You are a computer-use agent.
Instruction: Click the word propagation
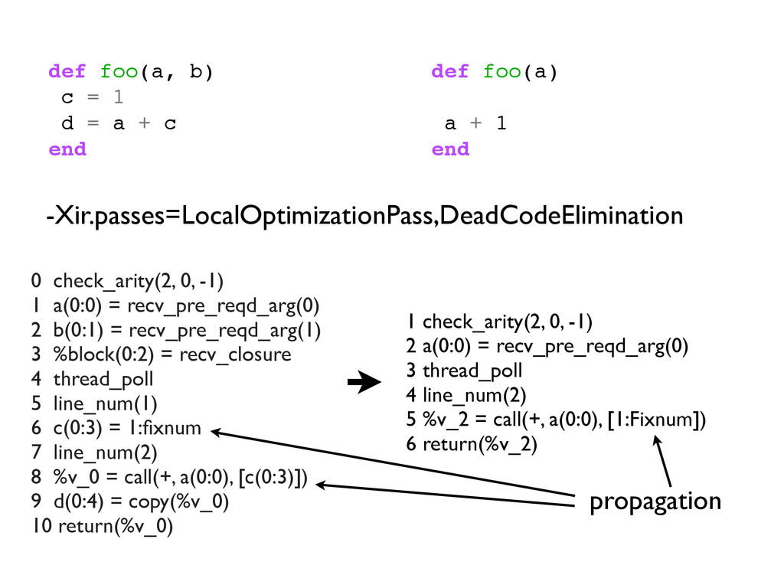click(x=655, y=501)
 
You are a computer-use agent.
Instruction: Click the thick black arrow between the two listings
click(x=364, y=381)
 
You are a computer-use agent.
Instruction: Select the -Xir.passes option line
click(x=364, y=216)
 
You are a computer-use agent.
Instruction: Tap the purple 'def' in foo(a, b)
click(x=67, y=72)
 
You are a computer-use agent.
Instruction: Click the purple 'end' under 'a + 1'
click(x=450, y=149)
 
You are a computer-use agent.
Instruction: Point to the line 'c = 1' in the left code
click(x=92, y=98)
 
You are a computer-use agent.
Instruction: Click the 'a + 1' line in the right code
click(x=475, y=123)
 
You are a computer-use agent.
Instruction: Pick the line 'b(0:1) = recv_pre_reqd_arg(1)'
click(x=176, y=330)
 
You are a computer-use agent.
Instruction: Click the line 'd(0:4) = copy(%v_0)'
click(x=130, y=502)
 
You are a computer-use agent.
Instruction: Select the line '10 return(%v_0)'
click(x=103, y=527)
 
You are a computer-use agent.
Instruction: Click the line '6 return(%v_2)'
click(x=472, y=444)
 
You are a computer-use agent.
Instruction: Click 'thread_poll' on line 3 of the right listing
click(x=472, y=371)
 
